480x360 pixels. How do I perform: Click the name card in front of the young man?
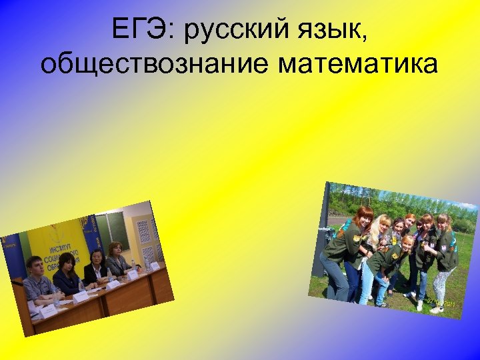coord(49,311)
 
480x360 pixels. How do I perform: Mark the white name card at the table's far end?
coord(154,265)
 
